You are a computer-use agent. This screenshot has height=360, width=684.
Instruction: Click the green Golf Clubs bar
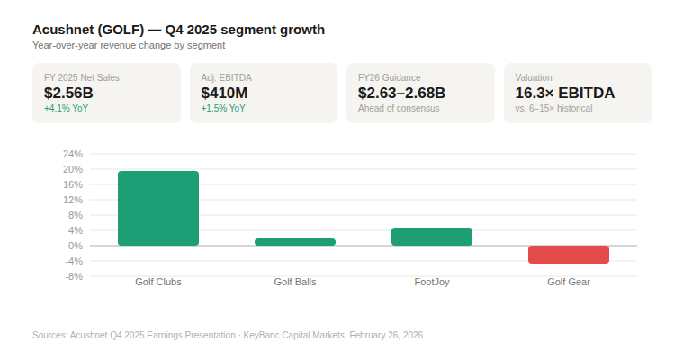(x=158, y=208)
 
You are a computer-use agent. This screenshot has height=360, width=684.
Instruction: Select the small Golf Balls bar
(x=295, y=242)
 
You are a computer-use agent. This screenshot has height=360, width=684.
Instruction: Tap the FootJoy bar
(x=432, y=237)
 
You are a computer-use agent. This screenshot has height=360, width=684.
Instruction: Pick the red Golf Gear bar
(x=569, y=254)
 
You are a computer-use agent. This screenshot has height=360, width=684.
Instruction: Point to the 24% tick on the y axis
(x=73, y=154)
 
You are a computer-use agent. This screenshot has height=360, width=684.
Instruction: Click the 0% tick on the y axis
(x=76, y=246)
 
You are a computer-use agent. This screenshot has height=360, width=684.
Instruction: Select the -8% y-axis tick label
(x=74, y=276)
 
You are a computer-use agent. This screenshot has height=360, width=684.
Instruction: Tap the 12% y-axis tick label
(x=73, y=200)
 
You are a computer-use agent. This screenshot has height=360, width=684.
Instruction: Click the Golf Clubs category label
(x=158, y=282)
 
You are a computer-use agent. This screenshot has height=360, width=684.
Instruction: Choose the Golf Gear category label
(x=569, y=282)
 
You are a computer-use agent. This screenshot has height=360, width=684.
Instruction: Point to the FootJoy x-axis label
(x=432, y=282)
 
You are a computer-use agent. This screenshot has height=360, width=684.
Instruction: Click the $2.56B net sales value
(x=68, y=93)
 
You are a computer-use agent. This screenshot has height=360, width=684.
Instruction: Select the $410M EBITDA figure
(x=224, y=93)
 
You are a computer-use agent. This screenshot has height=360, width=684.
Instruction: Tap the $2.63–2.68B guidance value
(x=401, y=93)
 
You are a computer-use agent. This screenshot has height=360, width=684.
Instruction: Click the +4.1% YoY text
(x=66, y=108)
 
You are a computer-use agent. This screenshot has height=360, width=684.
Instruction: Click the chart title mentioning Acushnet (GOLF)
(x=178, y=30)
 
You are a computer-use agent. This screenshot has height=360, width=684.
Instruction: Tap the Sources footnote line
(x=229, y=335)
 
